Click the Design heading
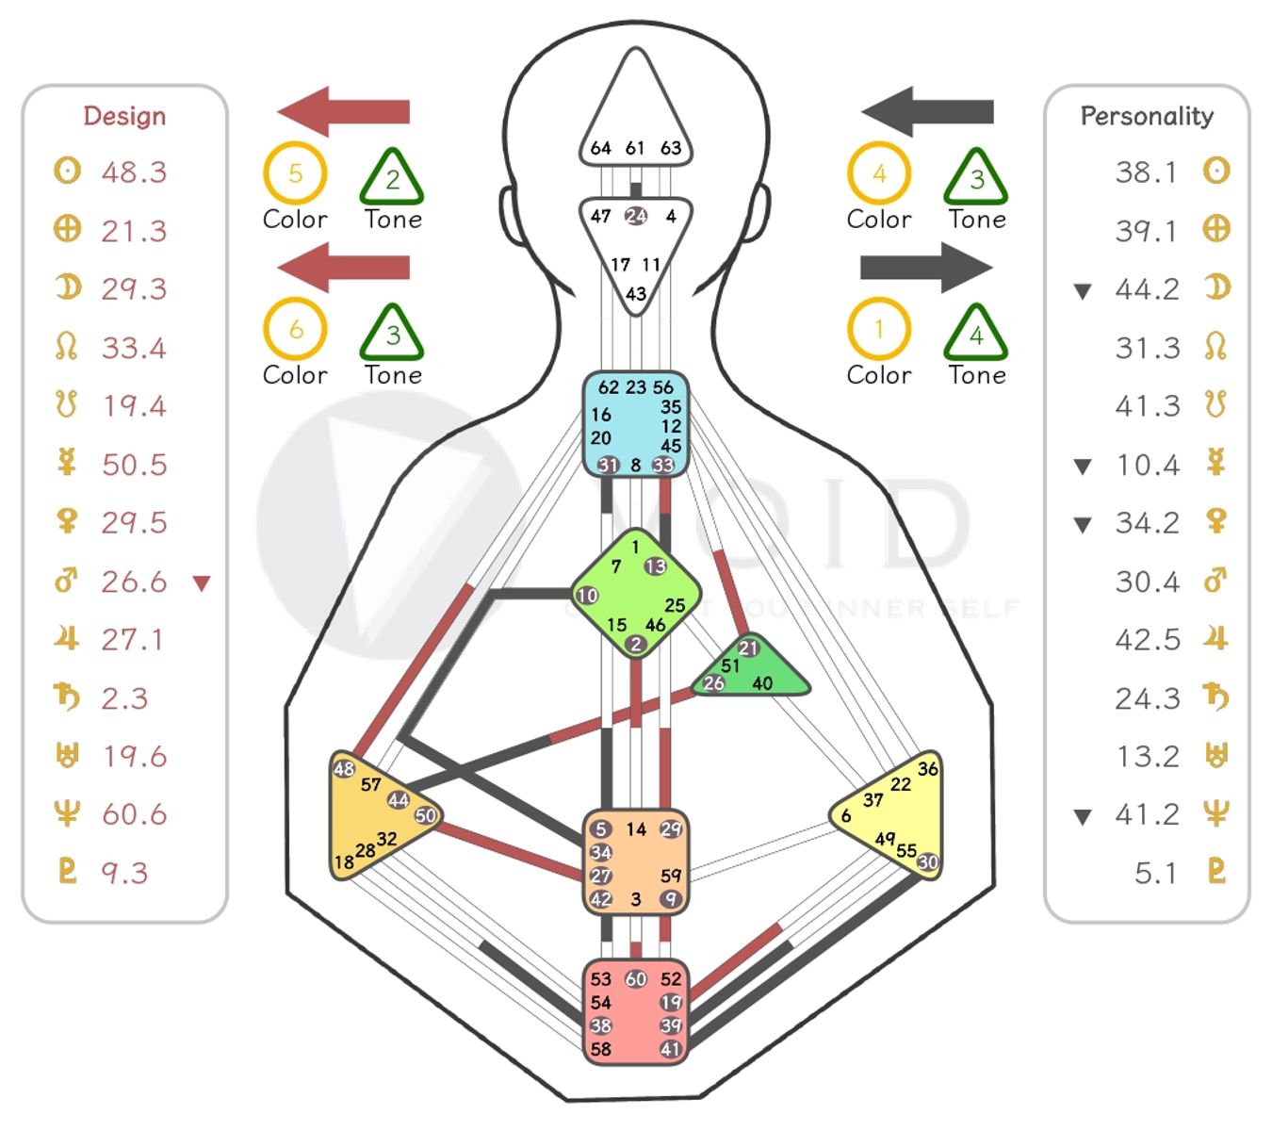tap(124, 116)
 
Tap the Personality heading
tap(1147, 116)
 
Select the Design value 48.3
tap(134, 172)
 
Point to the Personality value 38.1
tap(1146, 172)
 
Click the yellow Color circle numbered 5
tap(295, 173)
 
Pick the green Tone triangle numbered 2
tap(392, 179)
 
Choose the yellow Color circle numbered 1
tap(879, 330)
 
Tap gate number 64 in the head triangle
tap(600, 148)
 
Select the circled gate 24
tap(637, 216)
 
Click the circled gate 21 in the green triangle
tap(749, 647)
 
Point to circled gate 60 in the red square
tap(636, 979)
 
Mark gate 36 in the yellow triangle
tap(928, 769)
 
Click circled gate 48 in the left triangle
tap(344, 769)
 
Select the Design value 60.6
tap(134, 814)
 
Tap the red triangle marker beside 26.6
tap(202, 583)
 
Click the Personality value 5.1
tap(1155, 873)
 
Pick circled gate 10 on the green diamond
tap(587, 595)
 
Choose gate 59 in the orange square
tap(671, 876)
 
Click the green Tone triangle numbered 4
tap(976, 335)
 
